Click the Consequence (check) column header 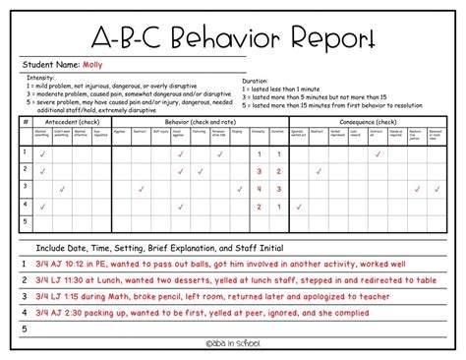(364, 121)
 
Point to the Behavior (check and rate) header (193, 121)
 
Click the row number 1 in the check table (24, 153)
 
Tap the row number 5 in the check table (24, 221)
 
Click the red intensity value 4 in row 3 (257, 188)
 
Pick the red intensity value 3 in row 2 (257, 171)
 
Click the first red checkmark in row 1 (41, 154)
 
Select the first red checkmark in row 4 (41, 205)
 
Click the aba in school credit (233, 341)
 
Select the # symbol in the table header (24, 121)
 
